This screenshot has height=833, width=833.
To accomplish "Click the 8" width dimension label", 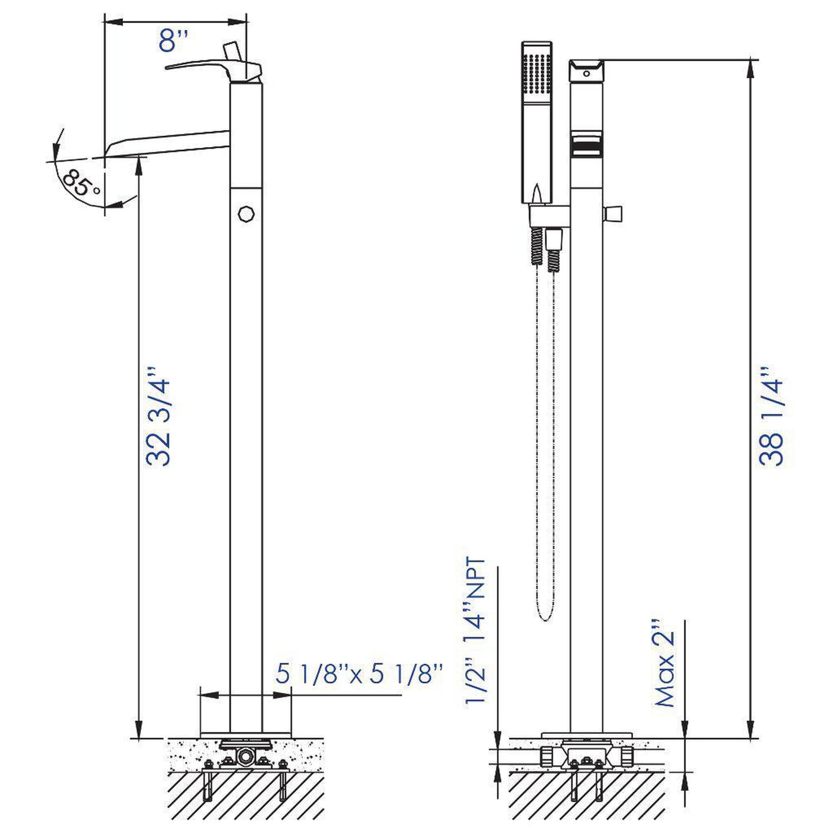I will tap(174, 42).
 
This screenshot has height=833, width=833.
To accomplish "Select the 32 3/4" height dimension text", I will tap(159, 415).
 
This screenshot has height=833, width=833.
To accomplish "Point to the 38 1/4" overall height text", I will tap(771, 415).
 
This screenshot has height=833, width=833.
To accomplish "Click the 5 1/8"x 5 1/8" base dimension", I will tap(359, 673).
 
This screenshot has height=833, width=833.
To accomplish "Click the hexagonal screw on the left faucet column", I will tap(246, 213).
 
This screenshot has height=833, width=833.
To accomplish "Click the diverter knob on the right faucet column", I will tap(613, 213).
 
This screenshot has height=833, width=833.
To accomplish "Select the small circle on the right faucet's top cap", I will tap(586, 73).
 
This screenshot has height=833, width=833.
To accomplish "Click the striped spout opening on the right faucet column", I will tap(586, 144).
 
